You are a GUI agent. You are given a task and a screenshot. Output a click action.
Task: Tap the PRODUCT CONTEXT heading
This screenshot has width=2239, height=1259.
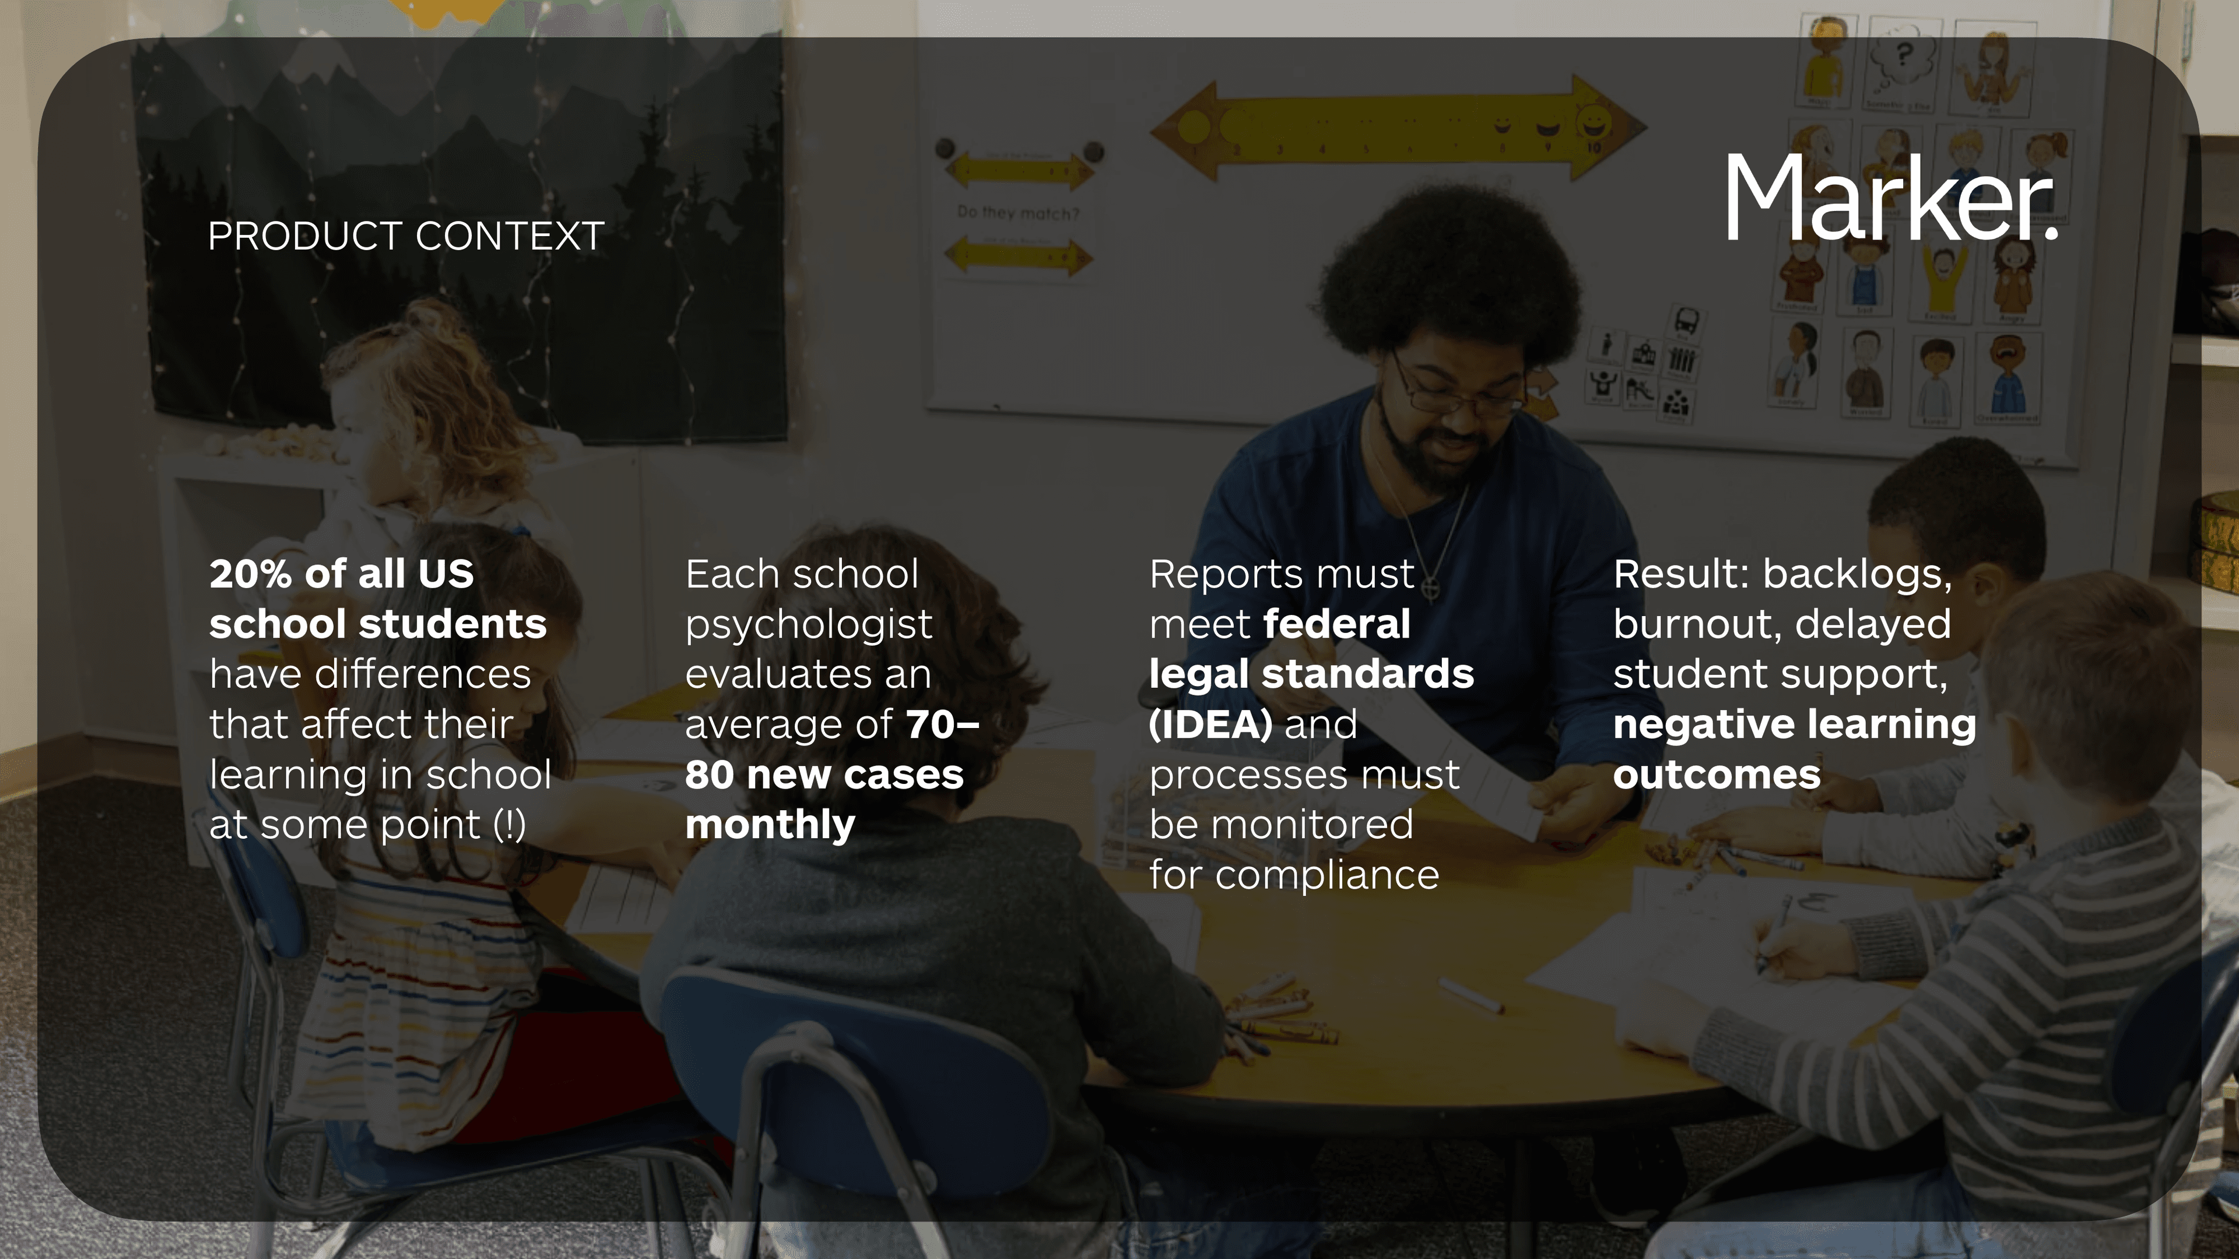(406, 236)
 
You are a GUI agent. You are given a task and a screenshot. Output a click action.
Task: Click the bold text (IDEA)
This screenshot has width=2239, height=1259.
(1210, 725)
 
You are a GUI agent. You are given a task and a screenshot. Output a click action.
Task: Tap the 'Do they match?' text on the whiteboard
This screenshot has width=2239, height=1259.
(1018, 212)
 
